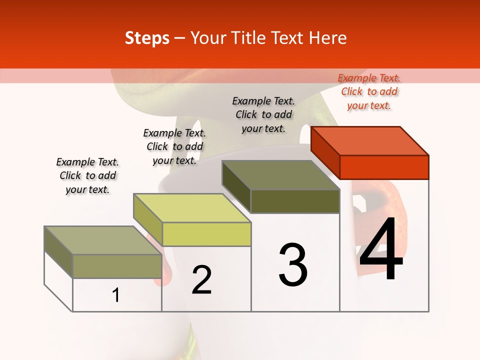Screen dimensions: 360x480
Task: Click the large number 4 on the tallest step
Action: tap(381, 250)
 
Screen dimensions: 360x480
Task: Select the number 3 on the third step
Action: tap(293, 265)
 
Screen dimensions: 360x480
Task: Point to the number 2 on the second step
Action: tap(202, 280)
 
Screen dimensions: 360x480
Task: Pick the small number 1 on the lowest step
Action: tap(116, 295)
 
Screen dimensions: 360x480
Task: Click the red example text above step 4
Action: tap(369, 92)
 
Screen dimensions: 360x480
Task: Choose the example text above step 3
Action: tap(263, 115)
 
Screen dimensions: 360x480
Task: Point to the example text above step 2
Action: tap(174, 147)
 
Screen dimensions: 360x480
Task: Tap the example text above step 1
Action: tap(87, 176)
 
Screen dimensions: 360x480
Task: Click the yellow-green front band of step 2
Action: tap(206, 234)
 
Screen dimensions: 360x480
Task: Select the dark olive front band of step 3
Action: tap(295, 201)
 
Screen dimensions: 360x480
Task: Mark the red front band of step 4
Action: tap(384, 167)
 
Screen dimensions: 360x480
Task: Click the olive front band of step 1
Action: tap(117, 266)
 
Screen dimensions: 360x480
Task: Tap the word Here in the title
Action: tap(327, 38)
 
